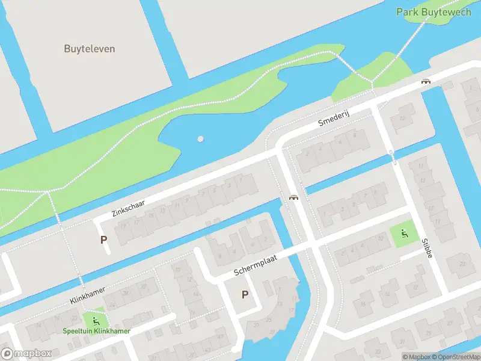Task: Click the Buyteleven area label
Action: [x=90, y=49]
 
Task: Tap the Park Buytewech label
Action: [x=434, y=12]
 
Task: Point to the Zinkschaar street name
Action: [x=128, y=205]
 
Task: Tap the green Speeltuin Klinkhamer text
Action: [x=97, y=331]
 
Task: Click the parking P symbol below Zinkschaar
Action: [x=104, y=239]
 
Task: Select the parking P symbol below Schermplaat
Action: [x=245, y=294]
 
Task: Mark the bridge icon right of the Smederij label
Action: [x=426, y=81]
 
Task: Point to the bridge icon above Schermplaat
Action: [x=293, y=198]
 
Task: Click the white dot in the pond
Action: [x=200, y=139]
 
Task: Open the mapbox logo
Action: [x=26, y=353]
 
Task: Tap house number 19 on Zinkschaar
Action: [x=123, y=226]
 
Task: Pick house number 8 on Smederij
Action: [x=355, y=135]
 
